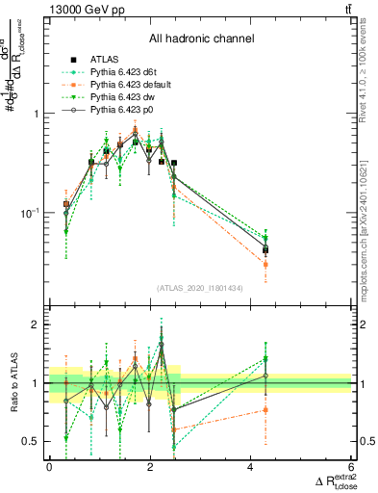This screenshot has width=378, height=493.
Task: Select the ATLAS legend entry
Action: [105, 61]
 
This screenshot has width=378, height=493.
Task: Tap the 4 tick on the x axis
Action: [251, 469]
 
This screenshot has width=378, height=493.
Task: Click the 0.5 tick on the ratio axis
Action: [31, 441]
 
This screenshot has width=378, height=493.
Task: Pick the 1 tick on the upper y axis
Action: [36, 114]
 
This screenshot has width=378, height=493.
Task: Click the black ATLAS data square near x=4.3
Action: [265, 250]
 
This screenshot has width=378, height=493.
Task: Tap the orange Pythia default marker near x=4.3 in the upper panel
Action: [265, 264]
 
